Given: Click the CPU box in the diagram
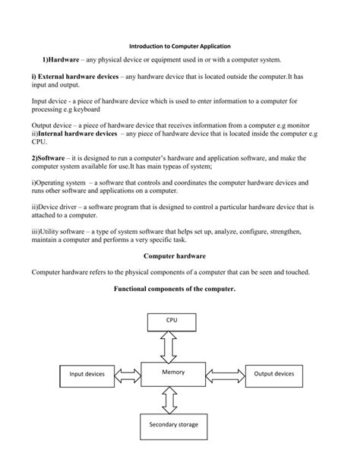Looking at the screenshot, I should click(172, 321).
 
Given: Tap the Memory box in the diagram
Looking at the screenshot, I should click(173, 373).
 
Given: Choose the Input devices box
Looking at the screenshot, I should click(87, 374).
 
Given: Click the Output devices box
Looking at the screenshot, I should click(273, 374).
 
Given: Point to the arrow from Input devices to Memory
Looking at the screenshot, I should click(127, 374).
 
